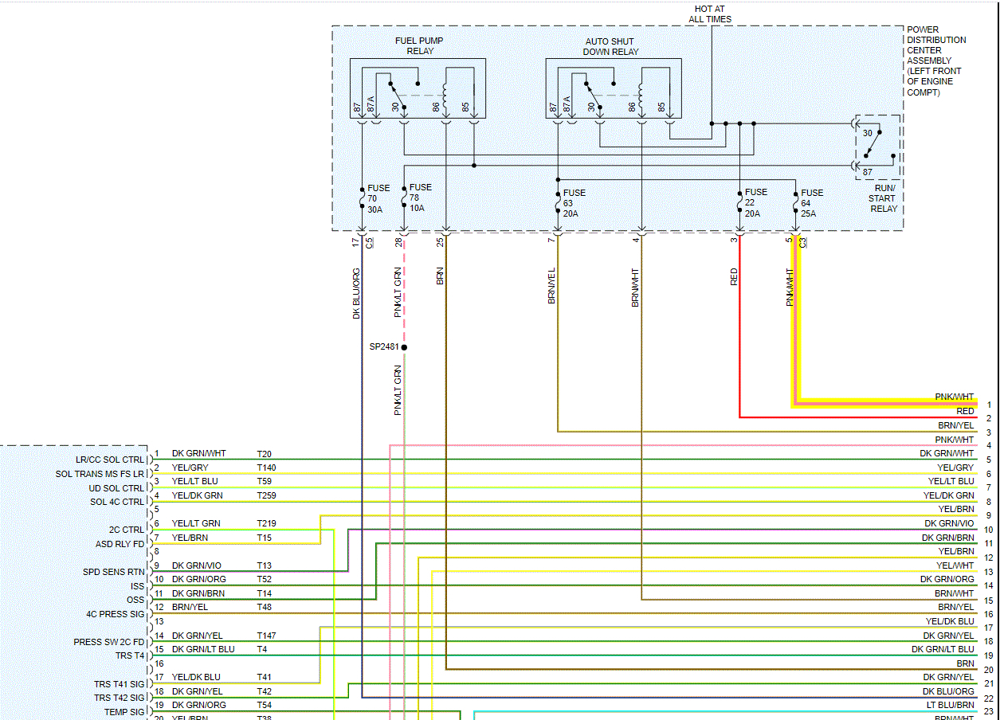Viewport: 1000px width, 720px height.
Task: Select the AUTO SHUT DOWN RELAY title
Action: click(612, 46)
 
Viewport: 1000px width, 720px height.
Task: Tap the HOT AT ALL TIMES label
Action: click(709, 14)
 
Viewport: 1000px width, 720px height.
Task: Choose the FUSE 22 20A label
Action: click(755, 202)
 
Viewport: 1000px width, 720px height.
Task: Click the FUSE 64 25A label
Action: click(812, 203)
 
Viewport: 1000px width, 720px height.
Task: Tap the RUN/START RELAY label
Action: click(883, 198)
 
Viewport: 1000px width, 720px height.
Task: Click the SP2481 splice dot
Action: click(404, 347)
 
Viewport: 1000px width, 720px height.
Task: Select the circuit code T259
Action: click(266, 495)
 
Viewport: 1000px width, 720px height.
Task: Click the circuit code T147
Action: click(266, 636)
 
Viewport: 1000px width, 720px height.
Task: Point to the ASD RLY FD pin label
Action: click(120, 544)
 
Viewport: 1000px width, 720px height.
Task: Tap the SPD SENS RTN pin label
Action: click(114, 572)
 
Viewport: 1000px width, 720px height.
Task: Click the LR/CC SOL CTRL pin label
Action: click(111, 460)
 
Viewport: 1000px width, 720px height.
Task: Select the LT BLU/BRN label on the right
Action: click(950, 705)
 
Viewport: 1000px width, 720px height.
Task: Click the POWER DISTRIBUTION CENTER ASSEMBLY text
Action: click(936, 61)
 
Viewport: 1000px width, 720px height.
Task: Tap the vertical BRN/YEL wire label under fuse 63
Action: click(551, 285)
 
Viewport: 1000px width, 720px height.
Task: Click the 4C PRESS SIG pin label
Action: click(116, 614)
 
